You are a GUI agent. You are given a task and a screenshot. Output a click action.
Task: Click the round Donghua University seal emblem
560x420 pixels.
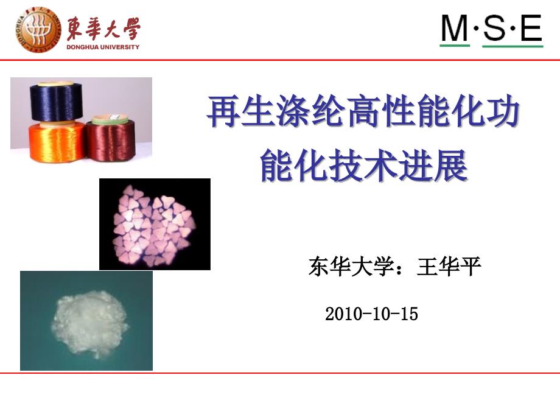38,30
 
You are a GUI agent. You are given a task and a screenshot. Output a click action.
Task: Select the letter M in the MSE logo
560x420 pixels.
455,27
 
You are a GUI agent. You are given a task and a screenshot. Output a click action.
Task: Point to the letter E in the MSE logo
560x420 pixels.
531,27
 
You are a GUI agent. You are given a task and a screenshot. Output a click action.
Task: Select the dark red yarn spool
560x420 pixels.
110,141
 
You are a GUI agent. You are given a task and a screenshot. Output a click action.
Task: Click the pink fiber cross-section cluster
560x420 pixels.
154,225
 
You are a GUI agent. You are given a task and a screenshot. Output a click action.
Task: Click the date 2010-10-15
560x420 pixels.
372,314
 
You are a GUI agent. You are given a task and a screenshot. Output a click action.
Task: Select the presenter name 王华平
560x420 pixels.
449,267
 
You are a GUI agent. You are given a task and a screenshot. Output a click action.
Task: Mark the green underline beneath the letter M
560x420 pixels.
455,45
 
